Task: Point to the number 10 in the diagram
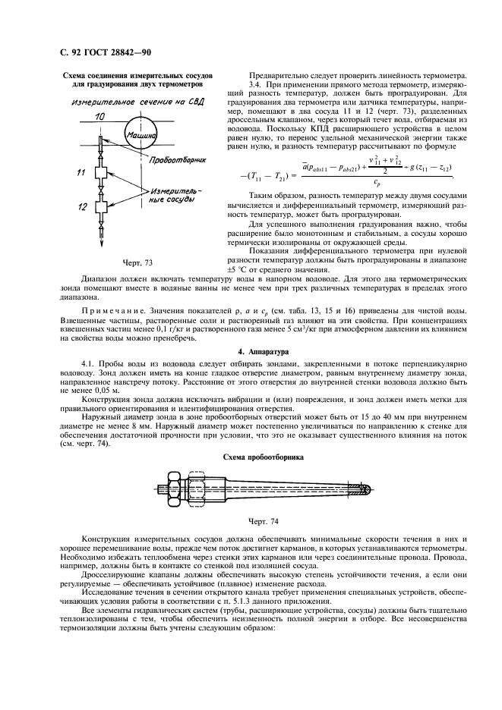tap(100, 116)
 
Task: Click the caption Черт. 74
tap(264, 522)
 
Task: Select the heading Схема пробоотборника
tap(263, 458)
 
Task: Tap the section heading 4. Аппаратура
tap(264, 352)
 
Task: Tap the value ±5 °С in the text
tap(261, 271)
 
